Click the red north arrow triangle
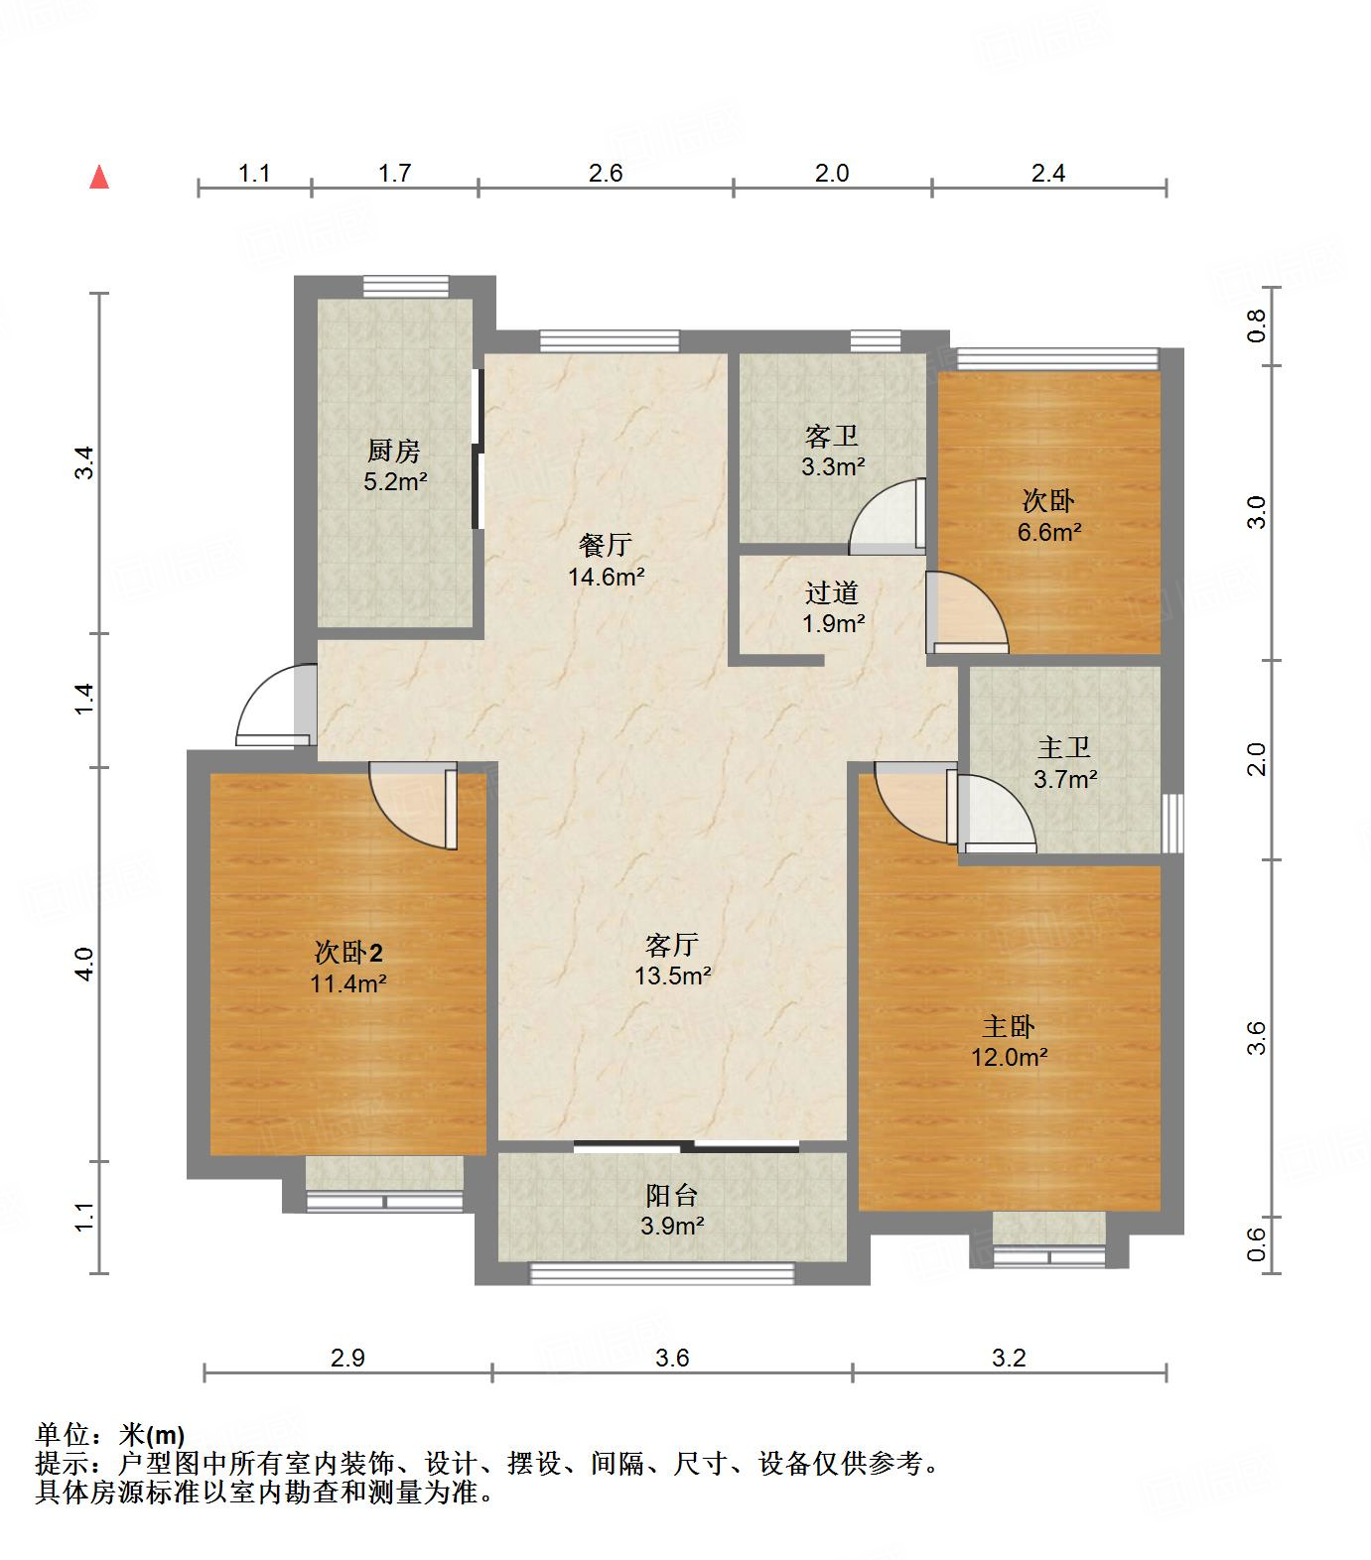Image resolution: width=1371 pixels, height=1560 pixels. pos(98,178)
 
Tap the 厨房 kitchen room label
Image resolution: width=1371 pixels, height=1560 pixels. pos(394,452)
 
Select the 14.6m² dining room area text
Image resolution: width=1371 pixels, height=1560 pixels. pos(607,577)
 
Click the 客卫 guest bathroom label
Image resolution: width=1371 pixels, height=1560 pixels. pos(832,436)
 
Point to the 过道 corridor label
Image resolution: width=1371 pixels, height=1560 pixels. pos(832,592)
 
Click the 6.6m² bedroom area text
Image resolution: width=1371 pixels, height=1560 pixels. pos(1048,532)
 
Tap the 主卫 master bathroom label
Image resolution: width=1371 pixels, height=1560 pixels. pos(1064,747)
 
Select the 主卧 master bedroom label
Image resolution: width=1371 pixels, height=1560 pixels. pos(1010,1025)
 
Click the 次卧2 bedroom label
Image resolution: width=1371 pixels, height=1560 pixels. pos(348,953)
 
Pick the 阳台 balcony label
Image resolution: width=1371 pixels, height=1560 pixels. pos(672,1195)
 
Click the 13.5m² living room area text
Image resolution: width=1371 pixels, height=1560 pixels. pos(673,975)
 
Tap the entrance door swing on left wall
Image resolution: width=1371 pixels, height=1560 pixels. pos(272,707)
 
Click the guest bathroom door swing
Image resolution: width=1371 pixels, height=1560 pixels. pos(887,517)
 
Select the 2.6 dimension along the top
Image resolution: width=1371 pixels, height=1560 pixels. pos(605,173)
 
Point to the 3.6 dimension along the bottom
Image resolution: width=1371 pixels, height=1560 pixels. pos(672,1357)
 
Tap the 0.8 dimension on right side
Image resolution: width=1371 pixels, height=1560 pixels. pos(1257,325)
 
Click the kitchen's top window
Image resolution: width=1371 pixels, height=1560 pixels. pos(405,286)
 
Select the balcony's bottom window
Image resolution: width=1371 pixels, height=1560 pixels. pos(662,1273)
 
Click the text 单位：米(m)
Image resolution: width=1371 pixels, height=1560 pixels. pos(110,1435)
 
